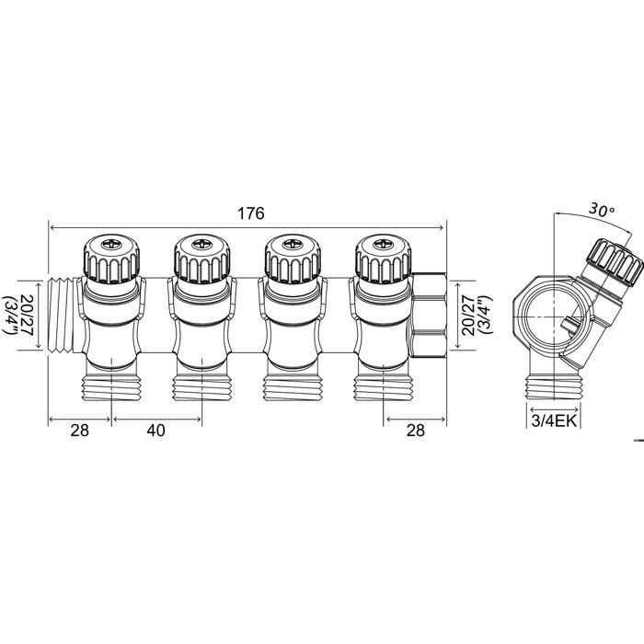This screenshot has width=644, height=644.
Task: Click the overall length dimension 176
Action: tap(251, 213)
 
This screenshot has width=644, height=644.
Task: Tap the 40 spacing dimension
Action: tap(155, 431)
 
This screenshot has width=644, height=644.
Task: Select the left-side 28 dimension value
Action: tap(80, 431)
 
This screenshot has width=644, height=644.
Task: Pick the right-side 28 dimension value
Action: tap(415, 431)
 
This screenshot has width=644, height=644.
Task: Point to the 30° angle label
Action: tap(602, 210)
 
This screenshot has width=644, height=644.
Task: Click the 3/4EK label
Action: tap(554, 421)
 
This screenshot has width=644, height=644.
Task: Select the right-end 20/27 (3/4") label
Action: tap(477, 316)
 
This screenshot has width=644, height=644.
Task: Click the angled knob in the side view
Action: tap(615, 264)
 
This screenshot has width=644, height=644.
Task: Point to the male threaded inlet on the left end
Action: tap(61, 316)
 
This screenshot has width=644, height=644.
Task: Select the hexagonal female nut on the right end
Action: tap(429, 316)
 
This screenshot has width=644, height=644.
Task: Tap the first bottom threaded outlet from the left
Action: tap(111, 385)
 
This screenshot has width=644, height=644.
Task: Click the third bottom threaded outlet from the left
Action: tap(293, 385)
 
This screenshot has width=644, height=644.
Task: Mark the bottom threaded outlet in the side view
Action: tap(554, 385)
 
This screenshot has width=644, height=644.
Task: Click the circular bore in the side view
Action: tap(554, 317)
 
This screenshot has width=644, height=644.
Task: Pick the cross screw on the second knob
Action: tap(201, 245)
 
